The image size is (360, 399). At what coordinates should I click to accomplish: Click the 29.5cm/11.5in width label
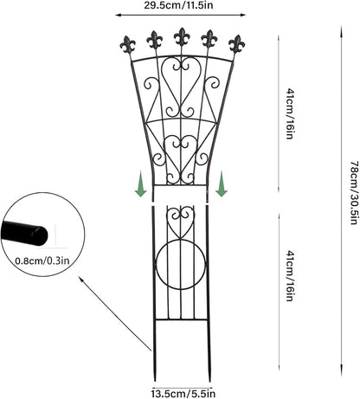(178, 5)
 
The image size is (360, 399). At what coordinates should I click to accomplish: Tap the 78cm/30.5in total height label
(355, 192)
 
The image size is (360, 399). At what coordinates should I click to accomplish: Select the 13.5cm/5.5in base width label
(183, 394)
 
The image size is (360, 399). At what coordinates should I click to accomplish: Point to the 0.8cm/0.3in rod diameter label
(42, 261)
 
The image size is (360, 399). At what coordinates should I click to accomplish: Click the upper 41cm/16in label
(290, 114)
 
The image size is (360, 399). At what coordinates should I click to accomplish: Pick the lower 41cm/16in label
(290, 276)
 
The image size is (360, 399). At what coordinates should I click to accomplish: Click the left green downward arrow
(141, 183)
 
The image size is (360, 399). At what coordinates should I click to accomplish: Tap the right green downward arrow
(222, 183)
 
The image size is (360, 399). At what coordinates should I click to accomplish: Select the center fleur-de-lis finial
(182, 37)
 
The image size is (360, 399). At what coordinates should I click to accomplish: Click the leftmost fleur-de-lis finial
(128, 45)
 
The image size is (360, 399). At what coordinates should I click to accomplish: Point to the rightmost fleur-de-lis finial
(236, 44)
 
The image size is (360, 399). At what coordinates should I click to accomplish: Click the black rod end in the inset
(24, 234)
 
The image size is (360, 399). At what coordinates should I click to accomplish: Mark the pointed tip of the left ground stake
(156, 381)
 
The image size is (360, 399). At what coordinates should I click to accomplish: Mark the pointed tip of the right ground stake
(211, 381)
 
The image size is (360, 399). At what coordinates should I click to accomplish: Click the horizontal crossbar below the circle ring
(181, 319)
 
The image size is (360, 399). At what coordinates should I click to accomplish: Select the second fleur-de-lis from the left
(155, 40)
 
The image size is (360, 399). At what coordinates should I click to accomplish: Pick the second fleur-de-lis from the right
(209, 39)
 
